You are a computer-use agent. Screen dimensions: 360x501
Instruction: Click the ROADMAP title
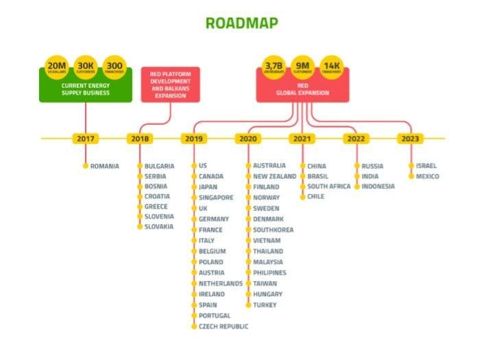(242, 23)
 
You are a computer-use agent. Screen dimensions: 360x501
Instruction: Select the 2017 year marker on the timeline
(86, 139)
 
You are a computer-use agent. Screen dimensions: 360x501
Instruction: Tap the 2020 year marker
(247, 139)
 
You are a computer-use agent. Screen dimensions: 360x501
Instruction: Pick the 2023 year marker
(410, 139)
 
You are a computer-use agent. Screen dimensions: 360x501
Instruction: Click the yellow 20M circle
(56, 67)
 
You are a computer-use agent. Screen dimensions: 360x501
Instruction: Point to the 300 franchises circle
(113, 67)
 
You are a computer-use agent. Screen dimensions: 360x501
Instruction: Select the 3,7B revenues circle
(274, 67)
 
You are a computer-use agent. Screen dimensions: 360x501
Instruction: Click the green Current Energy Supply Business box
(85, 90)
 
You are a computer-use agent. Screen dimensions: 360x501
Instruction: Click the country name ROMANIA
(105, 166)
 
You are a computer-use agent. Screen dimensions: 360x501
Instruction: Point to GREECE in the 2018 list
(156, 206)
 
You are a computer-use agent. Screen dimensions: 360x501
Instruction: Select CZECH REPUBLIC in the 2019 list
(223, 326)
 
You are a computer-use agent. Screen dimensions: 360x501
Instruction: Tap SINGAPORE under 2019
(216, 197)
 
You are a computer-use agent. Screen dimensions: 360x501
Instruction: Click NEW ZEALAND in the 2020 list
(274, 176)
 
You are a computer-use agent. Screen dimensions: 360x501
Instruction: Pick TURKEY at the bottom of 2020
(265, 305)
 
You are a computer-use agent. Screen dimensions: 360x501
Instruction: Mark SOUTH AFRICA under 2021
(329, 187)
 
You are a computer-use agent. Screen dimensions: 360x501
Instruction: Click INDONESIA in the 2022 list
(378, 187)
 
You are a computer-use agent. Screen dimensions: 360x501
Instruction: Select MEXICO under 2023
(427, 176)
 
